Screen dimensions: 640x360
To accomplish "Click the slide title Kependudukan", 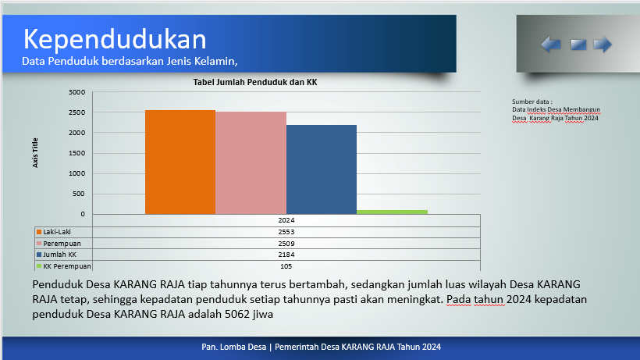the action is click(115, 40).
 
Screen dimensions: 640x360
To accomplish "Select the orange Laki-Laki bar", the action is click(180, 162).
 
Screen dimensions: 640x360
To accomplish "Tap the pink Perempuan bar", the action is click(251, 163).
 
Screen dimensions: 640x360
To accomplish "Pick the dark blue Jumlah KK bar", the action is click(322, 169).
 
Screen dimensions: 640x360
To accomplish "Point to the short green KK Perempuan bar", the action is click(393, 212).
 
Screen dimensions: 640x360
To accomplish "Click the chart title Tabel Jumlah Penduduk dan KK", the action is click(255, 82).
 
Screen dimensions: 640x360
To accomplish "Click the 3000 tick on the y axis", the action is click(76, 92).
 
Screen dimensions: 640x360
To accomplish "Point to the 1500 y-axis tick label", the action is click(76, 153).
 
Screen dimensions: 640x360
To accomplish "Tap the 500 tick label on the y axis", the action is click(79, 194).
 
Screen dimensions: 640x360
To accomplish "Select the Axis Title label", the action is click(35, 152).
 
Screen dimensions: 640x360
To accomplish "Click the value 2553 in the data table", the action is click(286, 232).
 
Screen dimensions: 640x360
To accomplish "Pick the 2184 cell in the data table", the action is click(286, 255).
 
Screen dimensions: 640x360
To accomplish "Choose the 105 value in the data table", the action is click(286, 266).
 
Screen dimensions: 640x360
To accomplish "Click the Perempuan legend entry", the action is click(59, 244).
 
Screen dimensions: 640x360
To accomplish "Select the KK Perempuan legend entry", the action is click(64, 266).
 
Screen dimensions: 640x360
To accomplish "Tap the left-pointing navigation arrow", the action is click(551, 44).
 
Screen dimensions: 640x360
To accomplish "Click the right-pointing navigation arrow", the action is click(603, 44).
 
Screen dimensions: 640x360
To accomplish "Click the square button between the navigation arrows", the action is click(578, 45).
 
